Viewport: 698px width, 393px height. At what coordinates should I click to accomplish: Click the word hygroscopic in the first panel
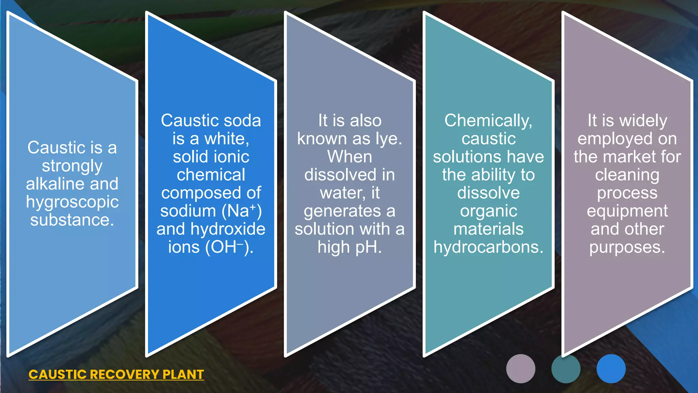coord(72,202)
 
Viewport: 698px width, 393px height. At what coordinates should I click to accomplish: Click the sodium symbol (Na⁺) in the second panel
coord(242,211)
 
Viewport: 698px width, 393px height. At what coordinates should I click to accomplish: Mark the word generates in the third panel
coord(342,211)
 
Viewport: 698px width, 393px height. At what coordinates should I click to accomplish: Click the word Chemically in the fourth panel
coord(488,121)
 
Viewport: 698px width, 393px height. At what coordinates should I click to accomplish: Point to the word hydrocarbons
coord(488,247)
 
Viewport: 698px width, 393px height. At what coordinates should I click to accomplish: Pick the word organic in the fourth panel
coord(488,211)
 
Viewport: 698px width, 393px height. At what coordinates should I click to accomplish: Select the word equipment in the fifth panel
coord(627,211)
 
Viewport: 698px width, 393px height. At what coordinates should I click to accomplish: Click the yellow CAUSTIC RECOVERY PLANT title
coord(116,375)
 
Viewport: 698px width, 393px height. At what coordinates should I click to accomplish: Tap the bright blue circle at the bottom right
coord(611,369)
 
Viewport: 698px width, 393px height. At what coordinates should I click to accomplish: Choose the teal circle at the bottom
coord(566,369)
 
